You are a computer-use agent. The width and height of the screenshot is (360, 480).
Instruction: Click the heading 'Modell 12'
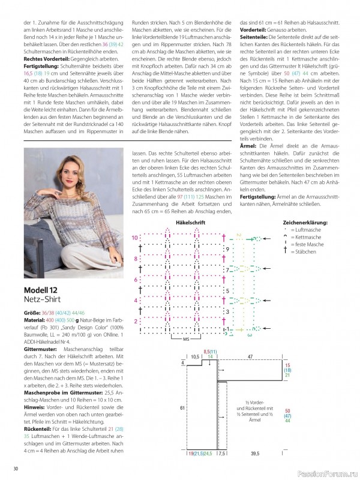point(41,292)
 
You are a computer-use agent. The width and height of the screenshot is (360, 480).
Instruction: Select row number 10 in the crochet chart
point(135,238)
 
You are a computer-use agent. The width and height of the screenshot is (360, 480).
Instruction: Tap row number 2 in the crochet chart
point(137,322)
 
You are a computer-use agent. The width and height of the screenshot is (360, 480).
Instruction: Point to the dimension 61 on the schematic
point(182,407)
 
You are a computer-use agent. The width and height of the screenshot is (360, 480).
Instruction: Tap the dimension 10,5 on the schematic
point(196,356)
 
